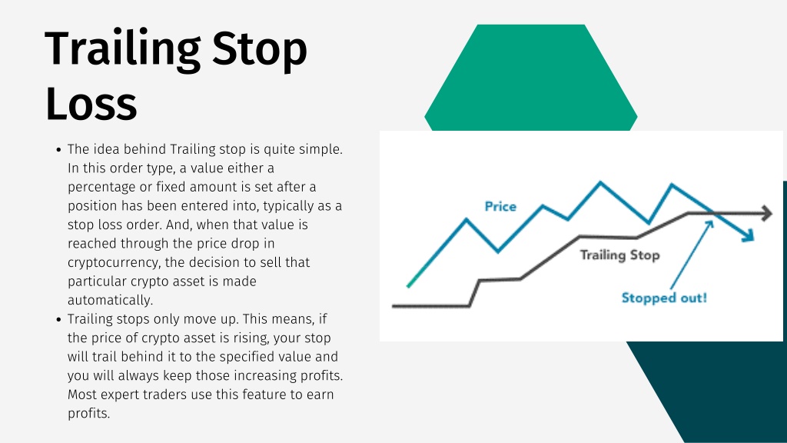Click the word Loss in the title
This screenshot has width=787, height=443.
tap(91, 105)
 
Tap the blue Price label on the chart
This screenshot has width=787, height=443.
tap(500, 206)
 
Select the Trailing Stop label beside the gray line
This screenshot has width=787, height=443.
tap(620, 255)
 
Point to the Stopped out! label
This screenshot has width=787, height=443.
tap(664, 298)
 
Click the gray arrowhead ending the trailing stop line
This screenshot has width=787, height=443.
tap(767, 213)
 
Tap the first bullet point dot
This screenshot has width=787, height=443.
tap(58, 150)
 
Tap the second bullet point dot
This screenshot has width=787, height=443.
tap(58, 319)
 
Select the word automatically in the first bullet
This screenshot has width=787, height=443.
tap(111, 301)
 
